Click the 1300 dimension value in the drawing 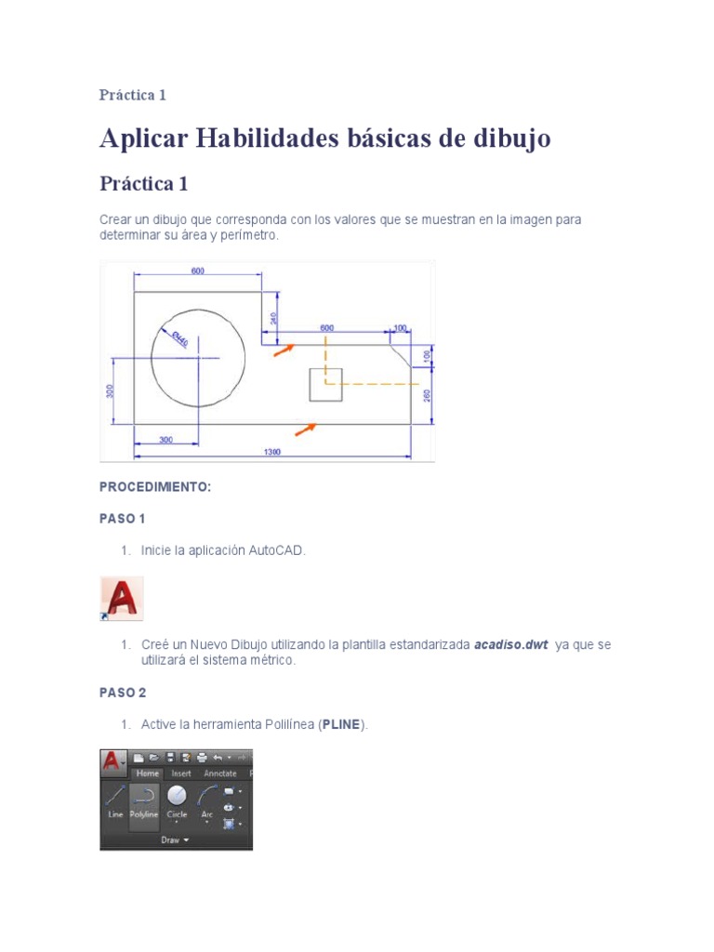tap(271, 452)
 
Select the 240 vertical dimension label tap(273, 317)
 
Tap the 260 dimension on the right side tap(427, 395)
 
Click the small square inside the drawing tap(325, 384)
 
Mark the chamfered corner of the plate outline tap(400, 354)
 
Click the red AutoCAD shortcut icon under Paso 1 tap(121, 598)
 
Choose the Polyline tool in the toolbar tap(143, 800)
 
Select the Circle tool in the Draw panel tap(177, 800)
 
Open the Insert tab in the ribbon tap(180, 773)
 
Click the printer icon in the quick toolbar tap(186, 758)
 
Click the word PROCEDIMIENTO tap(155, 487)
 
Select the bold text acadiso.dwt tap(510, 644)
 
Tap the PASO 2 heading tap(123, 693)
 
